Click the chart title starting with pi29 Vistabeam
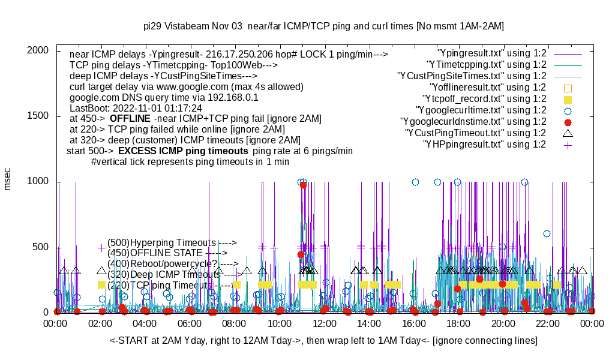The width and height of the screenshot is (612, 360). [324, 26]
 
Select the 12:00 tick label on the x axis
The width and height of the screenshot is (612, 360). [325, 323]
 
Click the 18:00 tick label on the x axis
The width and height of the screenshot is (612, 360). [459, 323]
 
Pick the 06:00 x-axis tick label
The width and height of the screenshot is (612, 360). [191, 323]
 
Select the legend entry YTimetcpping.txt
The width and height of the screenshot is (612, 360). [485, 65]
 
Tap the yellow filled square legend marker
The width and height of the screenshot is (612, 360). [568, 99]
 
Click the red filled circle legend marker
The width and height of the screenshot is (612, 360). [568, 122]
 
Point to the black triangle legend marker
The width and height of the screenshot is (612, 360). [568, 133]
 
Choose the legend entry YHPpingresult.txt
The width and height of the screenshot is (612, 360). [484, 145]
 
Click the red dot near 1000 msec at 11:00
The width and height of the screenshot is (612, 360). [303, 185]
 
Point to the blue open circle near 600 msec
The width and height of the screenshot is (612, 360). [547, 233]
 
